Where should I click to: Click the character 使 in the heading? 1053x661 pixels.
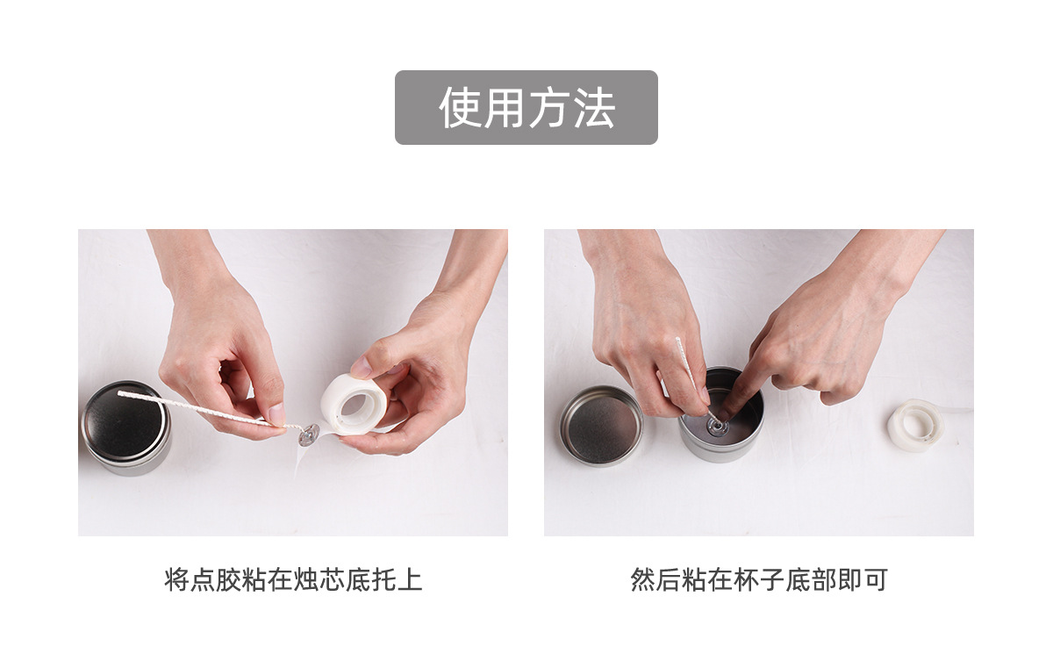[x=460, y=108]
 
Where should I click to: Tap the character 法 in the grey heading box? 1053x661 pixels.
[x=593, y=108]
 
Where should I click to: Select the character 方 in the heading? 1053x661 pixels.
[x=548, y=108]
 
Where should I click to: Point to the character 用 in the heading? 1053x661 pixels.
[x=505, y=108]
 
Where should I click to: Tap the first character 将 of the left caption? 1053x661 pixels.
[x=176, y=580]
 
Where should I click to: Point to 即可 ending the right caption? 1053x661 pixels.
[x=862, y=580]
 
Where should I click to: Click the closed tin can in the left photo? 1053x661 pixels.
[x=125, y=427]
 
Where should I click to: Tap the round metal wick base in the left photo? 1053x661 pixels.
[x=309, y=433]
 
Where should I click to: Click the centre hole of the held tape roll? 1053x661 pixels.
[x=356, y=405]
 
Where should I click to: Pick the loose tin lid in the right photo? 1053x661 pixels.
[x=601, y=425]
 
